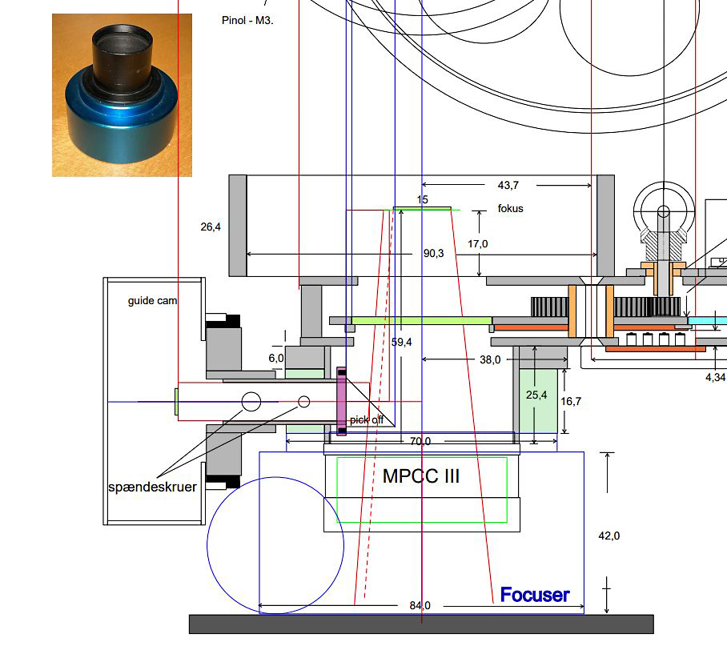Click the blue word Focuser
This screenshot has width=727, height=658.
[535, 595]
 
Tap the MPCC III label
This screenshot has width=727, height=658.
[421, 476]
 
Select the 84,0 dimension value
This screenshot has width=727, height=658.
[420, 605]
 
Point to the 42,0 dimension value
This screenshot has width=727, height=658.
[609, 536]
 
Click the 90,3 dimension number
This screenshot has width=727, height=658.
[433, 253]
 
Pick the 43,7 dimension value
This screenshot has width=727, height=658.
[508, 185]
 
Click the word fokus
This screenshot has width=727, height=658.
[511, 209]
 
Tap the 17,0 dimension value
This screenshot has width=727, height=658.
[477, 244]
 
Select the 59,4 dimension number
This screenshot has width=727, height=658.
[401, 343]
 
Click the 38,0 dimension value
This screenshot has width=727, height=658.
[490, 360]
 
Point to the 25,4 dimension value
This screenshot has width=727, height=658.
[536, 395]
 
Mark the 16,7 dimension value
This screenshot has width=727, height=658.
[571, 401]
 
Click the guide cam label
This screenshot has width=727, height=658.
[153, 301]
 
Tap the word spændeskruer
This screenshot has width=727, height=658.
[153, 487]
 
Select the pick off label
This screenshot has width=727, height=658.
[366, 419]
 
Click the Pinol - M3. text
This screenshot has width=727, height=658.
[247, 20]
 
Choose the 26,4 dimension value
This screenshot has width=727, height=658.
[211, 227]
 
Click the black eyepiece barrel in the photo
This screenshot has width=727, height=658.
[122, 57]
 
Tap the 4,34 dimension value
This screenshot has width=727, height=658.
[716, 377]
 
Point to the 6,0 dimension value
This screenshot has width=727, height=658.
[276, 358]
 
